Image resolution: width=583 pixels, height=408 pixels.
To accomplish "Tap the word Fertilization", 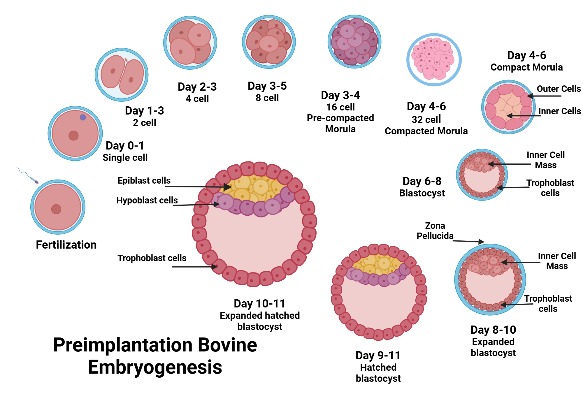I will pos(66,245).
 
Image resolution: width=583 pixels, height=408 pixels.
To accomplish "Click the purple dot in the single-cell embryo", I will pos(83,117).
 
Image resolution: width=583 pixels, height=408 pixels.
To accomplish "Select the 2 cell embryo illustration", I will pos(122,75).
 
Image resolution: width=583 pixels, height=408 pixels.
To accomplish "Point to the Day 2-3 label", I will pos(197,87).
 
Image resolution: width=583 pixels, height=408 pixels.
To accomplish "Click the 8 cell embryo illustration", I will pos(269,42).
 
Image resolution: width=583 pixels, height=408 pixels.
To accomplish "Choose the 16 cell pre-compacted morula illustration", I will pos(354,42).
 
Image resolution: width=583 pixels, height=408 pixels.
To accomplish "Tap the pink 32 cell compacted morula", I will pos(434,60).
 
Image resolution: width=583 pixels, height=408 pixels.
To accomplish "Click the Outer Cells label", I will pos(559,89).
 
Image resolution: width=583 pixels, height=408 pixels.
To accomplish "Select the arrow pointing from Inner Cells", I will pos(523,116).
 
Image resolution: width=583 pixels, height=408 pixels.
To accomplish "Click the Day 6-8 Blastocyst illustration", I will pos(482,175).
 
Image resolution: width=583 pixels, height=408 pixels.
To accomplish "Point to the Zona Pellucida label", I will pos(435,231).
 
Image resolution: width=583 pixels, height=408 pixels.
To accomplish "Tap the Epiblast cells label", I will pos(144,181).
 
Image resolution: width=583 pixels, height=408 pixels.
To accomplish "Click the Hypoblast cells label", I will pos(147,201).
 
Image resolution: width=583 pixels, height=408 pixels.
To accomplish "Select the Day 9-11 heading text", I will pos(378,356).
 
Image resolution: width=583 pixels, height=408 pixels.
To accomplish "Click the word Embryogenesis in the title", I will pos(155,367).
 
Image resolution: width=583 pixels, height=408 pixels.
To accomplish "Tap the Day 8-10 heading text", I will pos(493,330).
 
